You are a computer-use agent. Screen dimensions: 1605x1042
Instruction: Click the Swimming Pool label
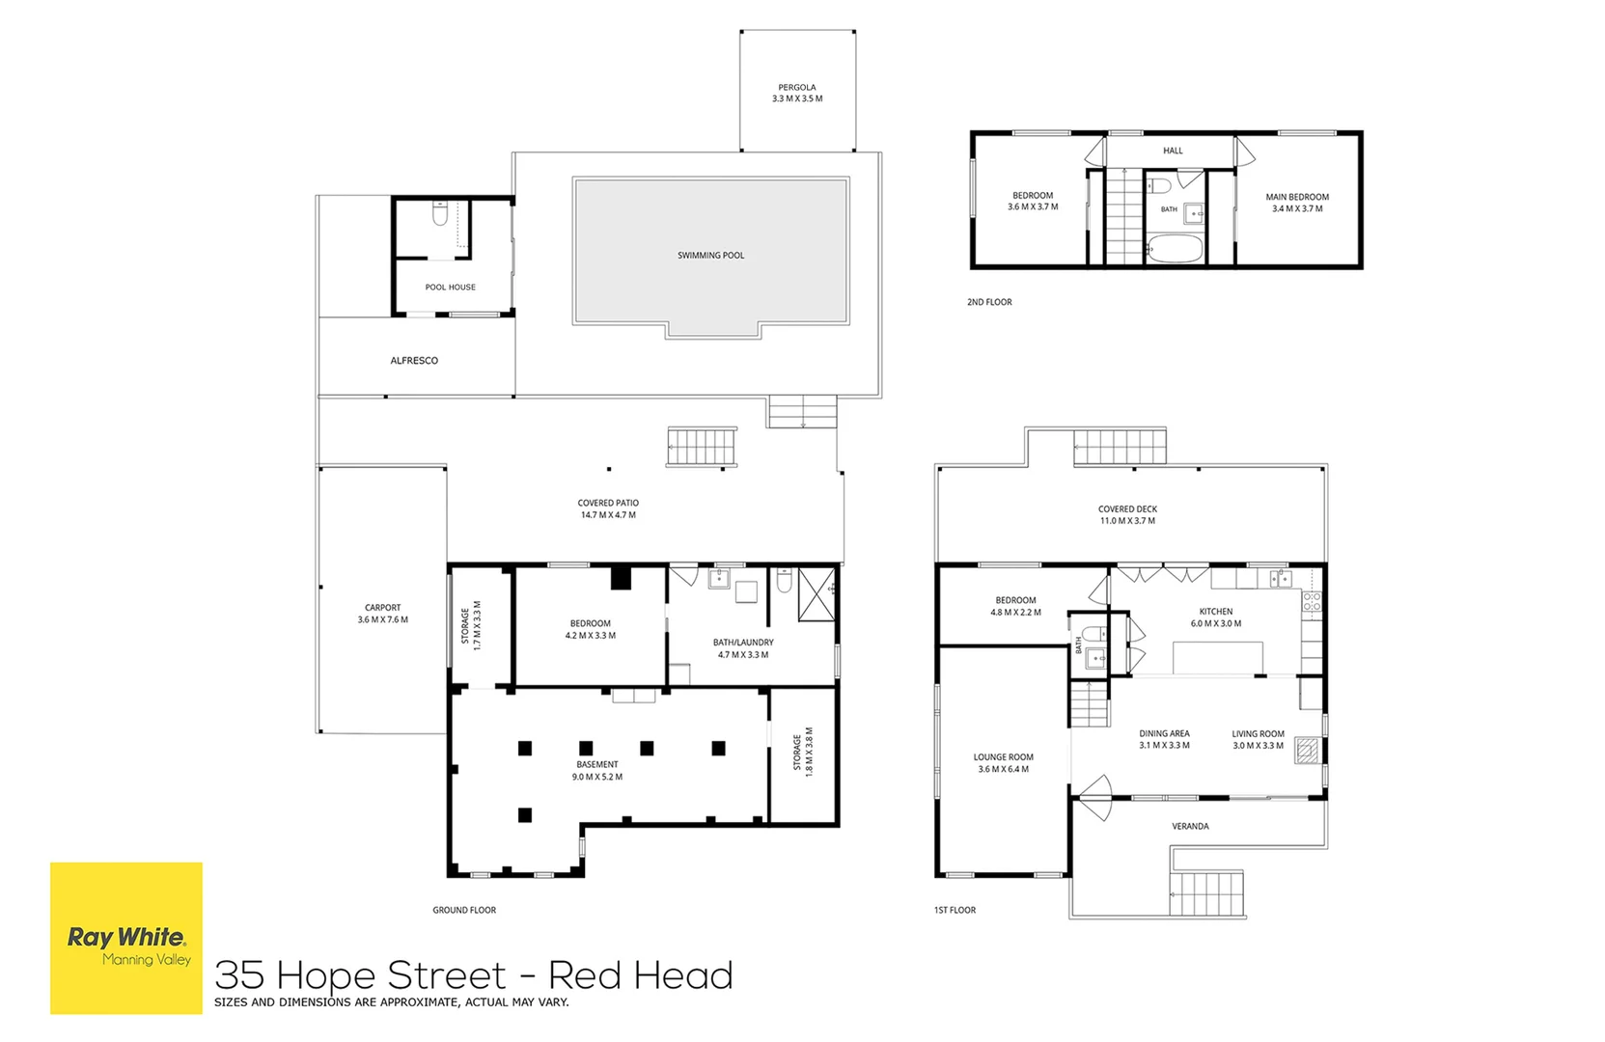tap(710, 255)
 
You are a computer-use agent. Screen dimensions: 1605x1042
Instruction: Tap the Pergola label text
tap(797, 88)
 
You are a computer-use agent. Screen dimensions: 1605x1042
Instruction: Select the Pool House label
tap(450, 288)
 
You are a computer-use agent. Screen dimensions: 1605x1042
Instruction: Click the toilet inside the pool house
tap(440, 212)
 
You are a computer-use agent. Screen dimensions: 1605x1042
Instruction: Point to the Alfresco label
tap(414, 360)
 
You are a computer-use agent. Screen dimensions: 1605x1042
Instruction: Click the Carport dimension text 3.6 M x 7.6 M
tap(382, 619)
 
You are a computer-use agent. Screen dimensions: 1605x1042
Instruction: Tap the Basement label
tap(596, 764)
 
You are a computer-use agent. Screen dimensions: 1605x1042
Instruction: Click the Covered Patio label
tap(608, 503)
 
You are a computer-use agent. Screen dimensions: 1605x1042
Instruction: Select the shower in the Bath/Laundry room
tap(816, 594)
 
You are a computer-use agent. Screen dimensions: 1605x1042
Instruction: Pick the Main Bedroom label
tap(1297, 197)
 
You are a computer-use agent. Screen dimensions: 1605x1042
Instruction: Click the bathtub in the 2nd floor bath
tap(1175, 249)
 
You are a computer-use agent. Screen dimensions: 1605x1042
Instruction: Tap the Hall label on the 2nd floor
tap(1173, 151)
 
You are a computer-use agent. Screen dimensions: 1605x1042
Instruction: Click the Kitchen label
tap(1216, 612)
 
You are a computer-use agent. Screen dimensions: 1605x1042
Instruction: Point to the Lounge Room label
tap(1003, 757)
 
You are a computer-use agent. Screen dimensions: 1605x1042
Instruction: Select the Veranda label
tap(1190, 827)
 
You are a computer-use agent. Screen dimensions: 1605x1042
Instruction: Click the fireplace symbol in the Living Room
tap(1307, 751)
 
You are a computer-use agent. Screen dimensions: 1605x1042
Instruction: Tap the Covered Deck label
tap(1128, 509)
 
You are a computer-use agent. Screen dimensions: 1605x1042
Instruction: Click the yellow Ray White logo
tap(126, 938)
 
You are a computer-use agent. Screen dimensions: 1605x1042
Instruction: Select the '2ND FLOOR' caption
tap(989, 302)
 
